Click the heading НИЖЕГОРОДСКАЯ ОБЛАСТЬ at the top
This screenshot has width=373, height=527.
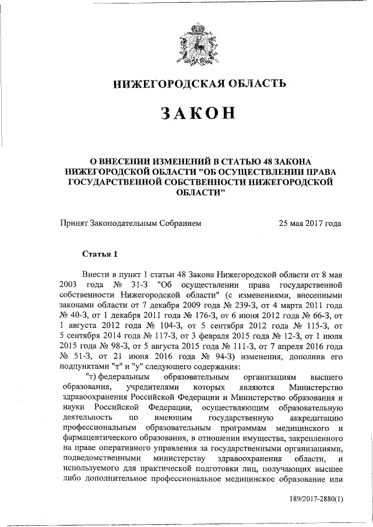(x=199, y=84)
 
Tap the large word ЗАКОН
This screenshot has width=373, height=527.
(x=199, y=114)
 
